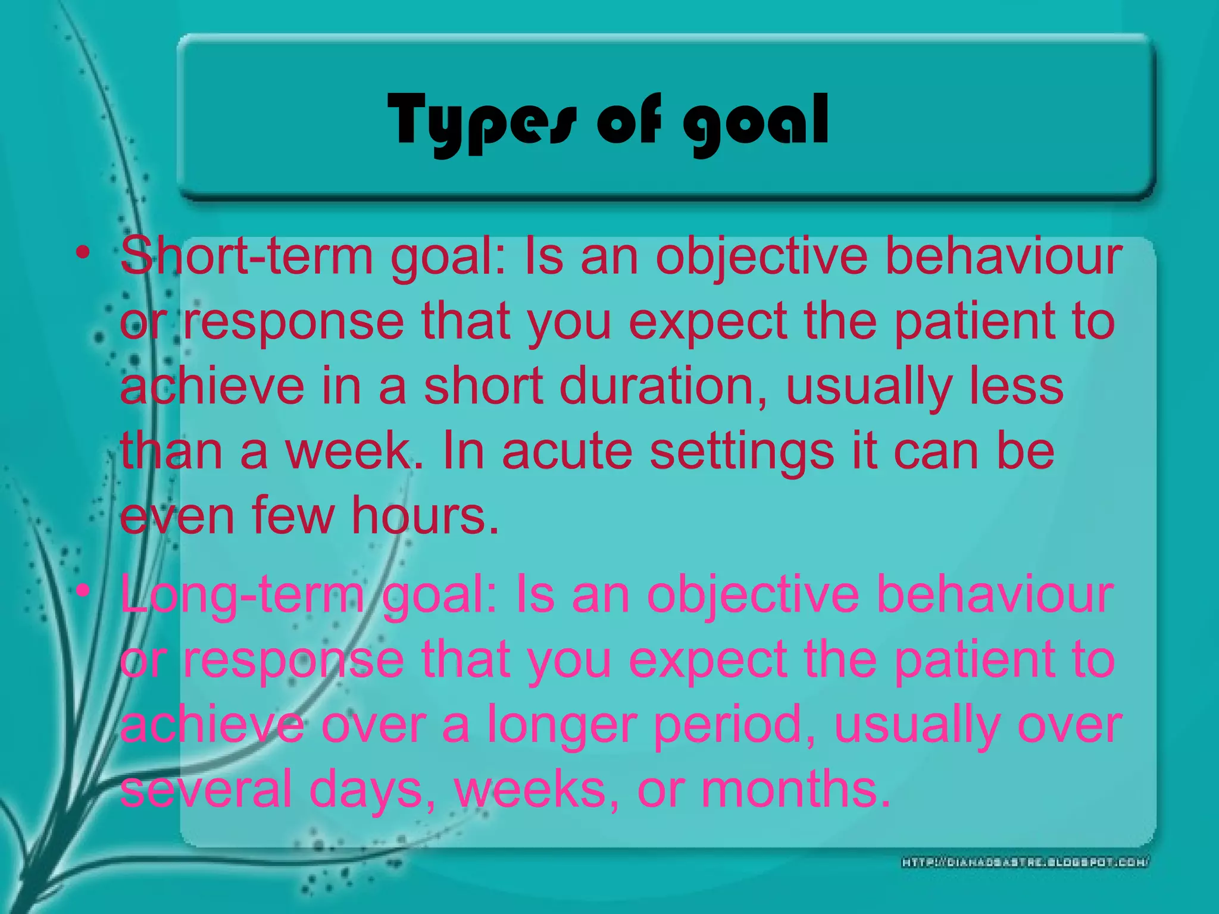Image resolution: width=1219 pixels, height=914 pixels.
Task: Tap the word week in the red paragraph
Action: [x=348, y=451]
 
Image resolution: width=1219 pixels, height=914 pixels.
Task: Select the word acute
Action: [x=567, y=451]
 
